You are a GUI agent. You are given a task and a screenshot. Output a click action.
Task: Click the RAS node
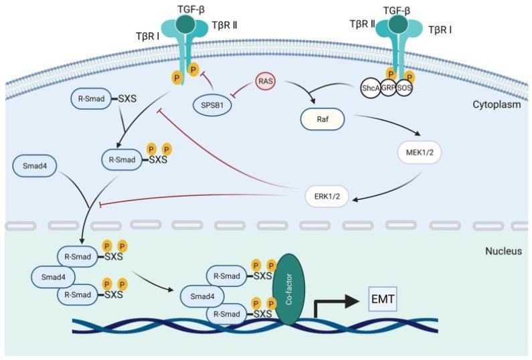[x=264, y=82]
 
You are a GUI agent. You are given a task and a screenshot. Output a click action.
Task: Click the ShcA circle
[x=368, y=88]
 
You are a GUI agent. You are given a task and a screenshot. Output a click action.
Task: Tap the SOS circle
[x=404, y=88]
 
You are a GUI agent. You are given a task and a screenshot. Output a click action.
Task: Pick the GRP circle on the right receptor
[x=387, y=88]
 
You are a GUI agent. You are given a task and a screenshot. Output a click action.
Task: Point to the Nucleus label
[x=503, y=252]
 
